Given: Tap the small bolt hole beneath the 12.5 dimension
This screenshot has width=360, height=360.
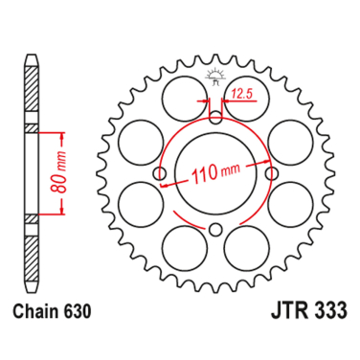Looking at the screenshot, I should (215, 117).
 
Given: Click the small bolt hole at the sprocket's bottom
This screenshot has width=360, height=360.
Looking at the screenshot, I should (215, 229).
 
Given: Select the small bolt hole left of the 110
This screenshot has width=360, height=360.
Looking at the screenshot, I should (159, 173).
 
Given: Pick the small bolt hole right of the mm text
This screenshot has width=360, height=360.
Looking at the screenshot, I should (272, 173).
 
